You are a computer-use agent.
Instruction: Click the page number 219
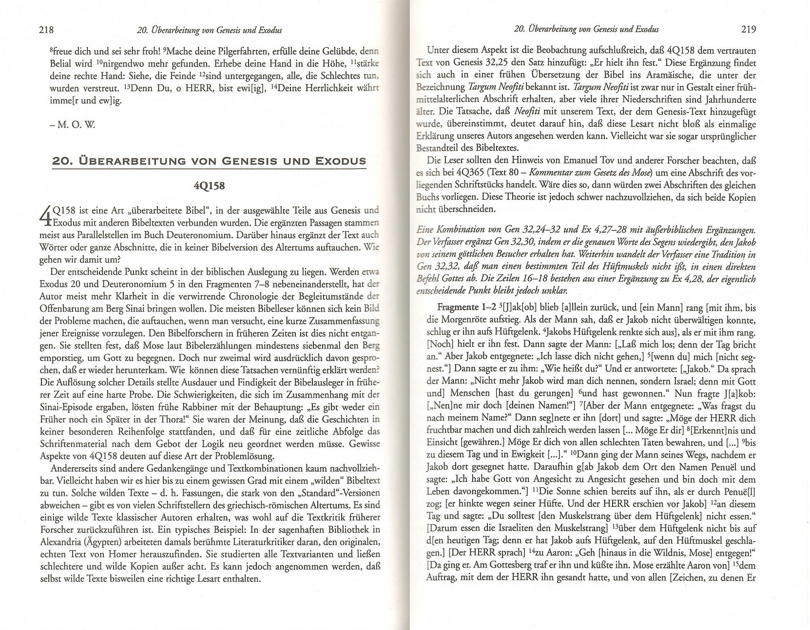coord(748,29)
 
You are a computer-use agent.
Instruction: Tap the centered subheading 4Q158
coord(209,186)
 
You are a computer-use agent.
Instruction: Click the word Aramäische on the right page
coord(649,75)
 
